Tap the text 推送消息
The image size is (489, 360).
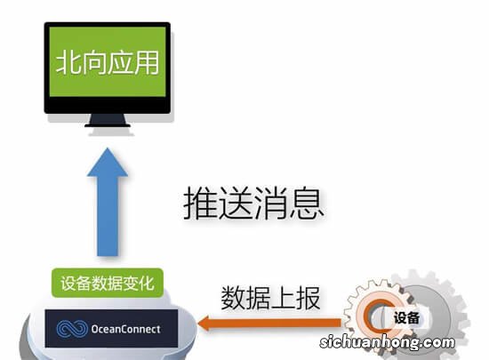pos(253,204)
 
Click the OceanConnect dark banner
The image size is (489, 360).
pos(111,328)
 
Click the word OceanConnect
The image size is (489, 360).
pos(126,329)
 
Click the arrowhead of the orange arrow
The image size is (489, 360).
pos(209,324)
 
